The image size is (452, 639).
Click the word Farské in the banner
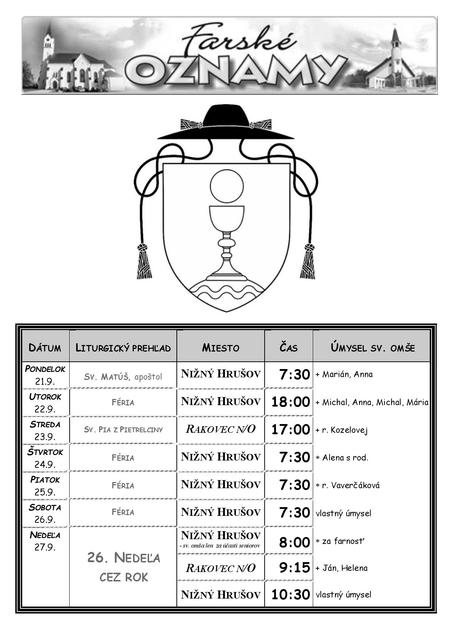coord(239,39)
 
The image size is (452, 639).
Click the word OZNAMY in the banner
coord(235,70)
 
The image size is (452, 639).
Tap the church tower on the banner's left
coord(48,42)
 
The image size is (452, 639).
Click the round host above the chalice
coord(227,186)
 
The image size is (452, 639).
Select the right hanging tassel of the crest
coord(308,261)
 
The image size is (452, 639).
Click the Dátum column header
coord(45,347)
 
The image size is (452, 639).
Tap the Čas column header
coord(289,347)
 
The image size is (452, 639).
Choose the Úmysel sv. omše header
coord(373,347)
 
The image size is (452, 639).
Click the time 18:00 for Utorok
coord(291,402)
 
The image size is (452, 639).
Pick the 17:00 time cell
coord(291,430)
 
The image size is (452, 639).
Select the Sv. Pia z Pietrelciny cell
coord(123,430)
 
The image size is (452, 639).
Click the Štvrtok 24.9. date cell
coord(45,458)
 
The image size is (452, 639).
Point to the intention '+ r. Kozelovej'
coord(342,430)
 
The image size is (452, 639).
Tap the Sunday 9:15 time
coord(295,568)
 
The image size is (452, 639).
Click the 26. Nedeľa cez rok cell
coord(124,567)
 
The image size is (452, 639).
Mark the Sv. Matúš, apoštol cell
coord(123,376)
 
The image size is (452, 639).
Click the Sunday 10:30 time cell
coord(291,595)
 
